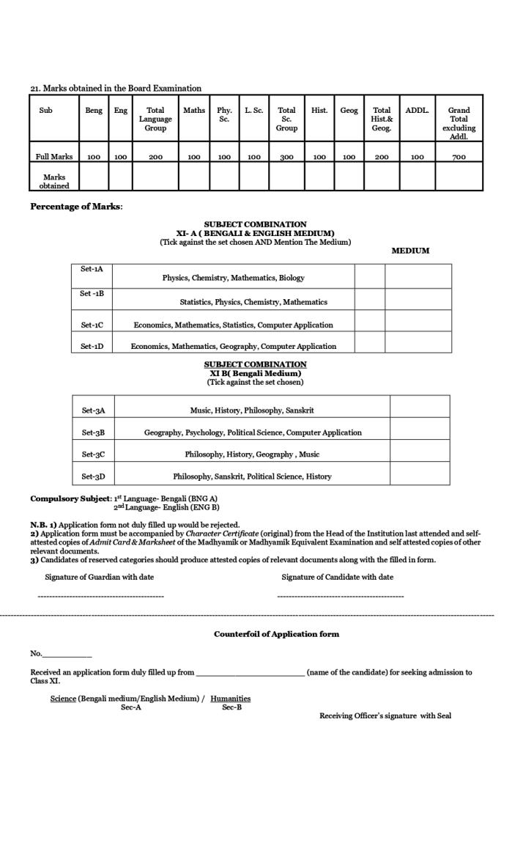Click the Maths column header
(194, 111)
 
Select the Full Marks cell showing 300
(286, 157)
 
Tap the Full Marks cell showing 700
(459, 157)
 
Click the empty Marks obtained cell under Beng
(94, 176)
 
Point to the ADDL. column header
(418, 111)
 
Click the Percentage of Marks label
(76, 206)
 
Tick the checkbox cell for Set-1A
(370, 276)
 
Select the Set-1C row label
(92, 324)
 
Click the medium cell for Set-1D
(418, 342)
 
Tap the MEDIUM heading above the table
(411, 251)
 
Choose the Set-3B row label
(93, 432)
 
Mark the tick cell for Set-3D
(420, 476)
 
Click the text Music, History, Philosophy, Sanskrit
(252, 410)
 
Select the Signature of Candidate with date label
(337, 577)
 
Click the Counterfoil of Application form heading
(276, 634)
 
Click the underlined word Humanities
(230, 699)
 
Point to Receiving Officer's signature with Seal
(385, 716)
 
